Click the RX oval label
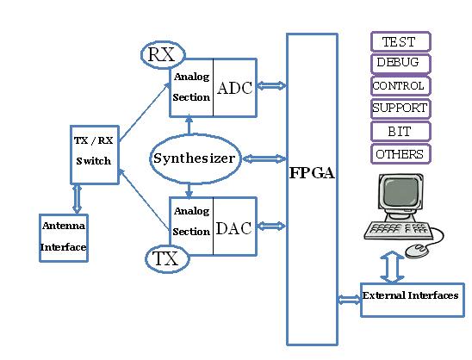click(163, 55)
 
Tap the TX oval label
click(167, 259)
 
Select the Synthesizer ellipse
click(195, 158)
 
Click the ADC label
click(235, 88)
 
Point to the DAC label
click(234, 228)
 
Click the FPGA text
click(312, 173)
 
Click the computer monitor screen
click(400, 193)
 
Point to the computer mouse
click(417, 251)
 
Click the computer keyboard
click(398, 231)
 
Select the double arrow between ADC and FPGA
click(271, 86)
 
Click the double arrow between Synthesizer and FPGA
click(264, 158)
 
